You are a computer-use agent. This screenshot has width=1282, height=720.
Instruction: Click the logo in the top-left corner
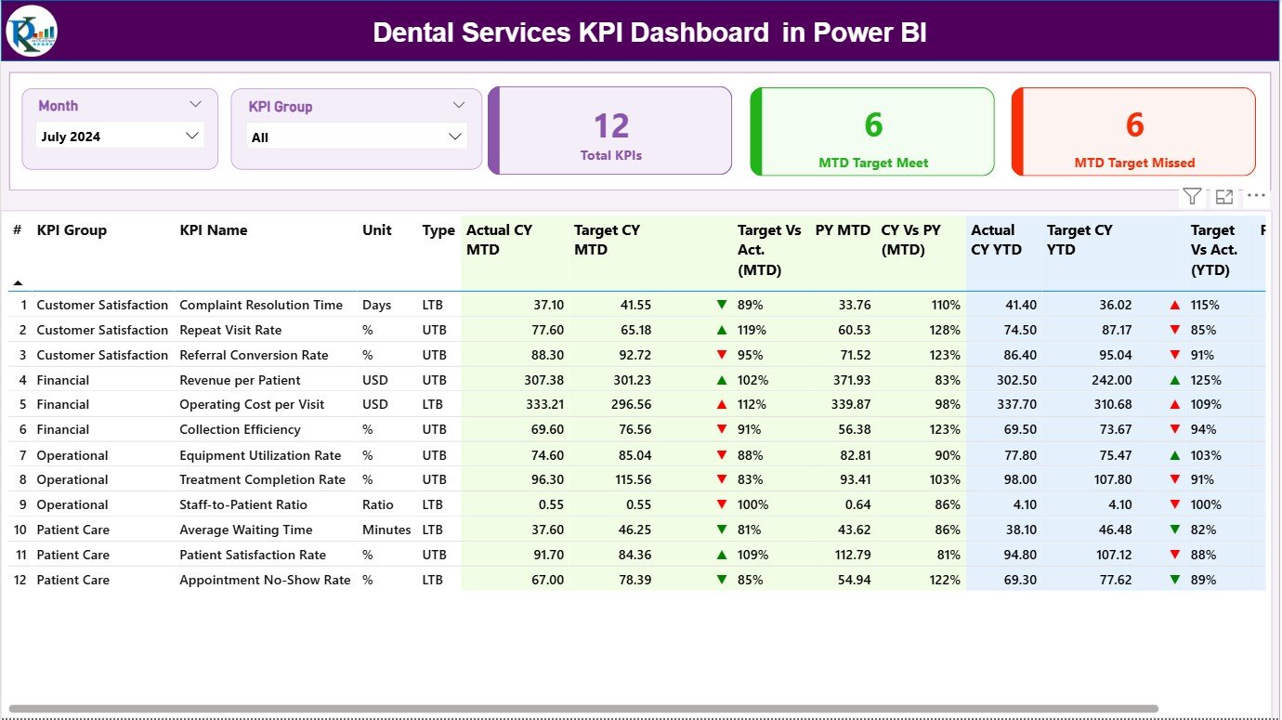click(32, 32)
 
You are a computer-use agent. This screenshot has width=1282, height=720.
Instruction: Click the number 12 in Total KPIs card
click(611, 126)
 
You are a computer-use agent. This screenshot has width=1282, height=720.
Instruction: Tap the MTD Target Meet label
click(873, 163)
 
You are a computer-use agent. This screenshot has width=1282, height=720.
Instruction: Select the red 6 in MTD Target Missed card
click(1134, 125)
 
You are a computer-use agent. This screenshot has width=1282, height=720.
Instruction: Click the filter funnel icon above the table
click(1192, 196)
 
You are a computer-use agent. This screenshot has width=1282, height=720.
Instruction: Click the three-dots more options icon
click(1256, 196)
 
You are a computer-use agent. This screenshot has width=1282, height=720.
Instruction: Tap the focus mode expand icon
click(1224, 196)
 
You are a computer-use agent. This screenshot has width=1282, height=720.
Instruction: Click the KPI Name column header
click(213, 230)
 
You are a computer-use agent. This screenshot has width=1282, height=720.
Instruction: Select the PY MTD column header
click(843, 230)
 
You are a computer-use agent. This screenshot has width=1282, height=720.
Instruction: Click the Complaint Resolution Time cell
click(261, 305)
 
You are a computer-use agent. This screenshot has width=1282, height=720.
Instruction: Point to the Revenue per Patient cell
click(240, 380)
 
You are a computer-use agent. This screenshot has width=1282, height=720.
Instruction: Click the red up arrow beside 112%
click(722, 405)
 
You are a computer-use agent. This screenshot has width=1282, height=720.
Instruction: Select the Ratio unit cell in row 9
click(377, 504)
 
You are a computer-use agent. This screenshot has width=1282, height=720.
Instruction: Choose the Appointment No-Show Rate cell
click(265, 580)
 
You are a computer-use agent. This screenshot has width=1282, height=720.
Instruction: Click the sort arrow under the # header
click(18, 282)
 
